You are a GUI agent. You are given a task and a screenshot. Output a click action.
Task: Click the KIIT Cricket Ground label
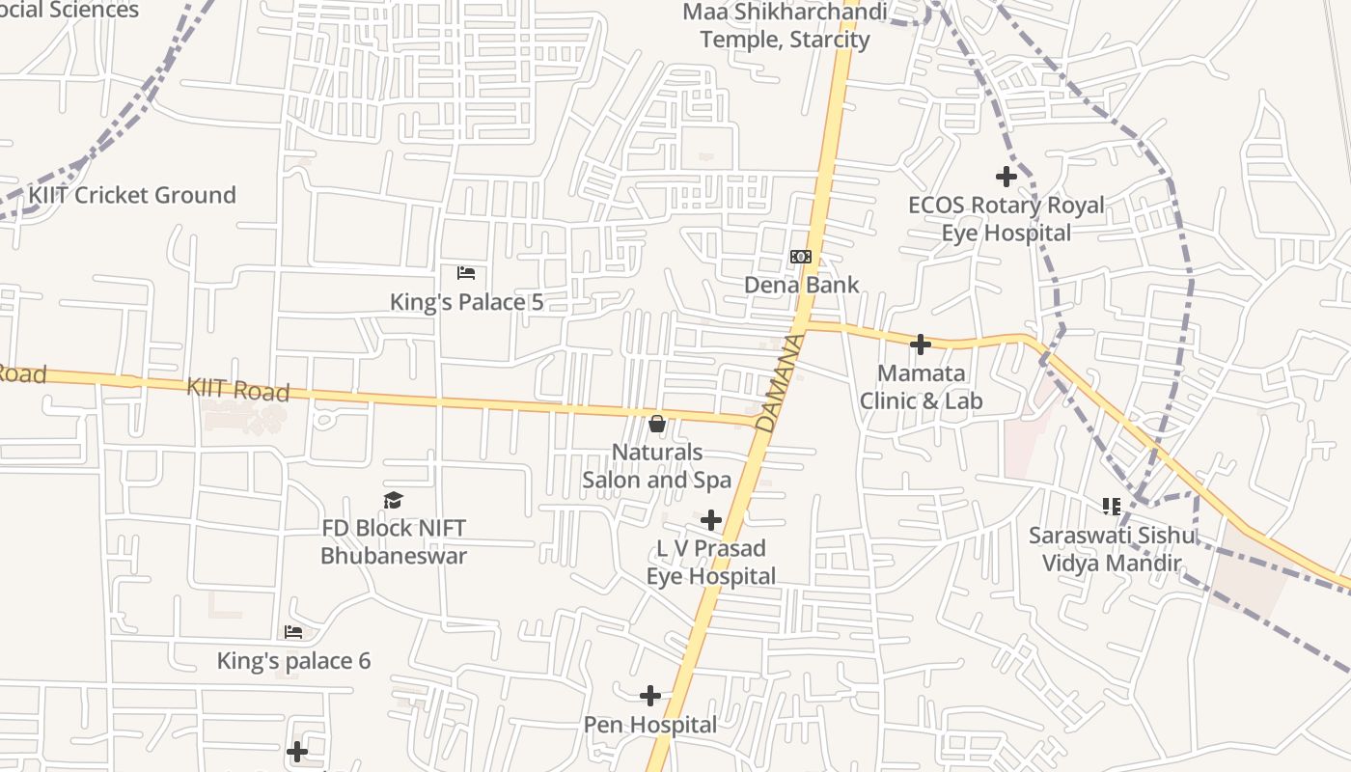(x=131, y=195)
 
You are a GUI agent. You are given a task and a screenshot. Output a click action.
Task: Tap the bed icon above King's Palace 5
(x=466, y=273)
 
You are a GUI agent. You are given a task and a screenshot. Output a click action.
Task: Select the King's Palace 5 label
(x=466, y=302)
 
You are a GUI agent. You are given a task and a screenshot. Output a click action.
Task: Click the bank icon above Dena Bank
(x=801, y=257)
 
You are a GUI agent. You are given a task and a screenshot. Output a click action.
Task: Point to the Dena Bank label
(x=801, y=286)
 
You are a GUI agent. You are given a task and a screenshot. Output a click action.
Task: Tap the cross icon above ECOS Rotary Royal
(x=1006, y=177)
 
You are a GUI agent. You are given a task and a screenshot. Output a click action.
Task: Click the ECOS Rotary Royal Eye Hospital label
(x=1006, y=219)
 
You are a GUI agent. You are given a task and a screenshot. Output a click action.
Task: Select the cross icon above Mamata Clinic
(x=921, y=345)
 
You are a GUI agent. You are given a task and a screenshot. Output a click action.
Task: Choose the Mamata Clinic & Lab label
(x=921, y=387)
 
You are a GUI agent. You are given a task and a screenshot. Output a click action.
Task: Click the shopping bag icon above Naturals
(x=657, y=424)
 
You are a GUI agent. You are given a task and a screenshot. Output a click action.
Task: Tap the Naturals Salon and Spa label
(x=657, y=466)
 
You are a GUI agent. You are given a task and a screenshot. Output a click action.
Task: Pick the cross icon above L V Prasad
(x=711, y=520)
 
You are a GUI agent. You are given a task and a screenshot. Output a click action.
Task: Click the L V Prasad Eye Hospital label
(x=711, y=563)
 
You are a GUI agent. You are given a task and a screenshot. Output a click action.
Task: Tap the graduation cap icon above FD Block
(x=393, y=500)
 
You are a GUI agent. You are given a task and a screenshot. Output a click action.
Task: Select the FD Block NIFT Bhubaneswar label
(x=393, y=542)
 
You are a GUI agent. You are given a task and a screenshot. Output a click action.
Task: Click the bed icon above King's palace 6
(x=293, y=633)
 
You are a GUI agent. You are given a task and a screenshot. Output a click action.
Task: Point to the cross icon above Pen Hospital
(x=650, y=696)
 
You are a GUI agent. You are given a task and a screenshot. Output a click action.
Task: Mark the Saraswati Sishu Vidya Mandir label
(x=1111, y=549)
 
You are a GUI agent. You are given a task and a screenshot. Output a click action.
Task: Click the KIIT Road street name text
(x=237, y=390)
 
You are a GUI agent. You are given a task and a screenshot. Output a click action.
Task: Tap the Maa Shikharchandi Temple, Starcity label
(x=785, y=26)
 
